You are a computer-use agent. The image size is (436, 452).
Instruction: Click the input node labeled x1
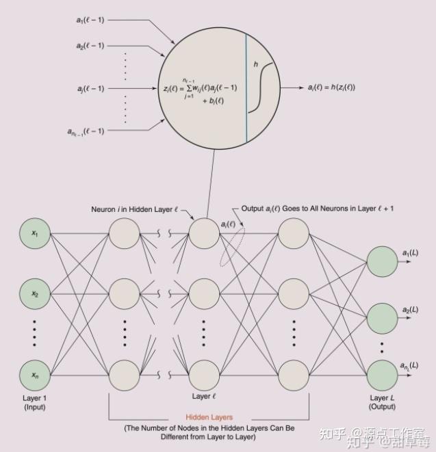[35, 233]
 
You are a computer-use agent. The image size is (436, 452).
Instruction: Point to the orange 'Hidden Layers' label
[209, 416]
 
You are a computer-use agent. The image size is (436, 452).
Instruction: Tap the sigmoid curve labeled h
[261, 85]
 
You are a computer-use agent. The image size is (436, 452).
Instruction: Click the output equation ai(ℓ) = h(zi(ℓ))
[332, 87]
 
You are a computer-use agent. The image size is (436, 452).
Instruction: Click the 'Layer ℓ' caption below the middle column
[203, 396]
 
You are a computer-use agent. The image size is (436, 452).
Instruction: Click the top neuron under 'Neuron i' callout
[203, 233]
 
